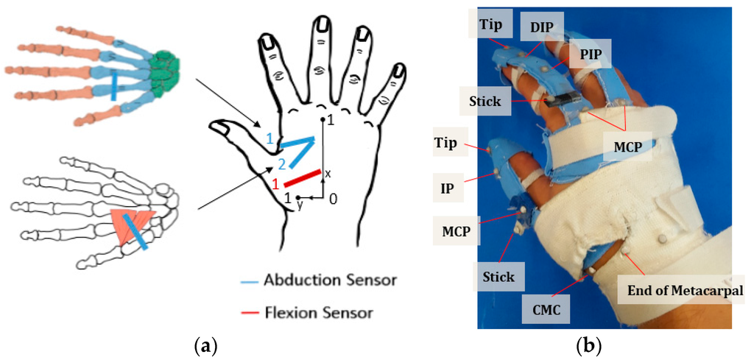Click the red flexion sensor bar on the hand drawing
(x=302, y=178)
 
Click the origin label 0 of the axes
(x=334, y=198)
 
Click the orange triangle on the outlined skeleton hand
(x=133, y=221)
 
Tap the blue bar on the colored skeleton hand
(x=115, y=85)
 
